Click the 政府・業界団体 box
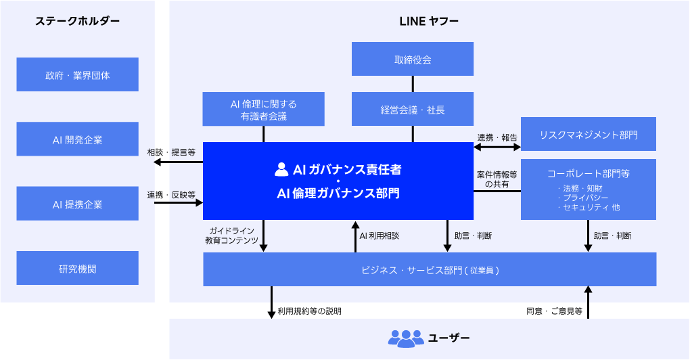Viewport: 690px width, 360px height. click(77, 75)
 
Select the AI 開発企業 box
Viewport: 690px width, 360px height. click(77, 140)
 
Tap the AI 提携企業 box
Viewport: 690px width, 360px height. click(77, 204)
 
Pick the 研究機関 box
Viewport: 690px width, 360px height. click(77, 269)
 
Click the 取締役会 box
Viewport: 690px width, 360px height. click(413, 60)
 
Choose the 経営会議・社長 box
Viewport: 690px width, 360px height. click(413, 110)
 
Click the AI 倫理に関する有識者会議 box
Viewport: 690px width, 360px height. click(264, 110)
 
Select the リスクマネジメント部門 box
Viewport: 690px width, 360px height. click(589, 135)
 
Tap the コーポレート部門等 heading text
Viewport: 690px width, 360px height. click(589, 173)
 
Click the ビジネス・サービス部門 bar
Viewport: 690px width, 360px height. click(430, 270)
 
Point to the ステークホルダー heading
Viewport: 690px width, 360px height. click(77, 21)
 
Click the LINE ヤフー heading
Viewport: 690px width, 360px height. click(429, 21)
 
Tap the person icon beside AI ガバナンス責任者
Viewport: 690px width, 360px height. click(281, 168)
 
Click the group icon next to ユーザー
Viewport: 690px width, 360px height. click(405, 338)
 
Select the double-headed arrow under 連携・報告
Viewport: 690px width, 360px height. click(497, 145)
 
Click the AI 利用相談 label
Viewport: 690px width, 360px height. click(379, 236)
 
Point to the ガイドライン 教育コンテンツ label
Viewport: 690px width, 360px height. click(231, 235)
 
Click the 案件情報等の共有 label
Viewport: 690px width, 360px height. click(497, 179)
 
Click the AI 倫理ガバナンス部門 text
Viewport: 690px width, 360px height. click(338, 194)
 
